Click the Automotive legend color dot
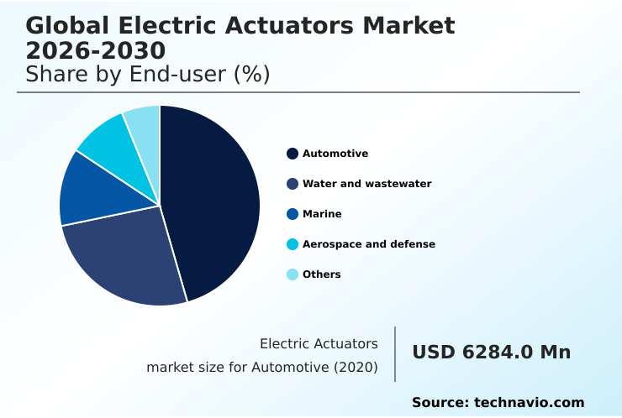click(x=293, y=154)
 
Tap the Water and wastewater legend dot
click(x=293, y=184)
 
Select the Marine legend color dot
click(x=293, y=214)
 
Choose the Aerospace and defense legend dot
click(x=293, y=244)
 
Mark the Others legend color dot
click(x=293, y=274)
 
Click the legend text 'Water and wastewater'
click(x=367, y=184)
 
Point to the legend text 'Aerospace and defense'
click(x=369, y=244)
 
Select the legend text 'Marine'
click(x=322, y=214)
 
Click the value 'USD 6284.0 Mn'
click(x=491, y=353)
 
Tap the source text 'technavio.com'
click(x=529, y=403)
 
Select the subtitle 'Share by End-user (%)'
click(x=147, y=74)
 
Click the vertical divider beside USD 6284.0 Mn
click(x=395, y=354)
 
